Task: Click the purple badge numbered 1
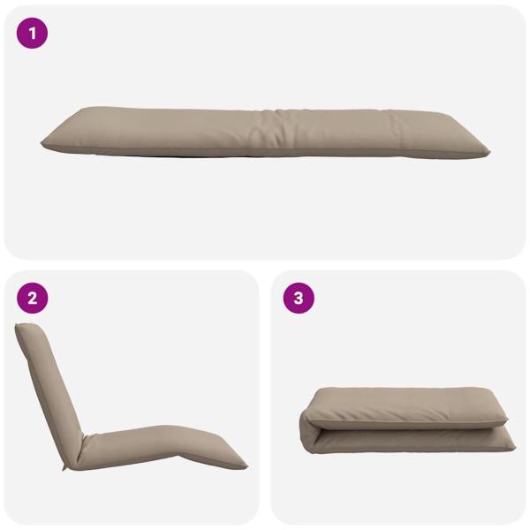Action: pyautogui.click(x=33, y=34)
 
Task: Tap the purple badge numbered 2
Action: pyautogui.click(x=33, y=298)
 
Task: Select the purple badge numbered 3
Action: pyautogui.click(x=298, y=298)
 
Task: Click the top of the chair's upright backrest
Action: pyautogui.click(x=26, y=329)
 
